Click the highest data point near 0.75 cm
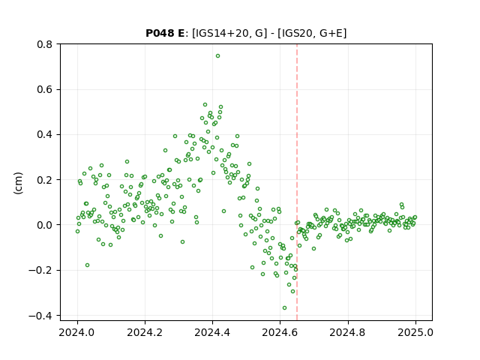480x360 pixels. tap(217, 56)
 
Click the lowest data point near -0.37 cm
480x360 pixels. tap(284, 308)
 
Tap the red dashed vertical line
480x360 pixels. tap(297, 182)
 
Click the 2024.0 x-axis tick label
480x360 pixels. tap(77, 332)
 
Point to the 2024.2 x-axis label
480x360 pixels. tap(145, 332)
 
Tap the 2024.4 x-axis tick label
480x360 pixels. tap(212, 332)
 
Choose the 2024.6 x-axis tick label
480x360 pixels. tap(280, 332)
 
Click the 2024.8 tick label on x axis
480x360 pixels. tap(348, 332)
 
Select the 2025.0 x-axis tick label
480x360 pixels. tap(415, 332)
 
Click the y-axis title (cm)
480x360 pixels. tap(18, 183)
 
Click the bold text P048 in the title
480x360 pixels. tap(160, 33)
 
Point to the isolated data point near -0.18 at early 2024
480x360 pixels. tap(87, 265)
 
